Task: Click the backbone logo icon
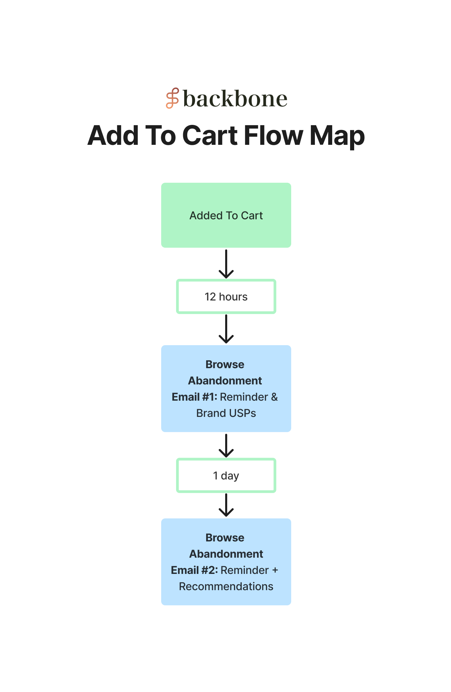172,98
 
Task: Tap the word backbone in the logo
235,99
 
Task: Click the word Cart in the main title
210,135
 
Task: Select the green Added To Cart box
226,215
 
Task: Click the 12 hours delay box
226,297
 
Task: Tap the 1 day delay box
226,475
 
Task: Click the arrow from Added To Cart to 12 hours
226,264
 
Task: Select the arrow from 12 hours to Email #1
226,329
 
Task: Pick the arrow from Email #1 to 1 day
226,446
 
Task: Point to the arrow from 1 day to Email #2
226,505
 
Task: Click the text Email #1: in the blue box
194,397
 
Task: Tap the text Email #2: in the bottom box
194,570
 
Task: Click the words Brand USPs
226,413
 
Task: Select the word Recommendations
226,586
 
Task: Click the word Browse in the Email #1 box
225,364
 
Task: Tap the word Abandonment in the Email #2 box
226,554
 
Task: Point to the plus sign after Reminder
275,571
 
